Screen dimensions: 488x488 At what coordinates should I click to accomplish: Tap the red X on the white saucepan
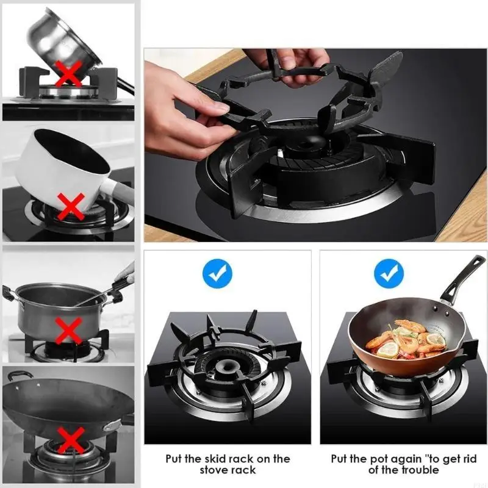pyautogui.click(x=71, y=206)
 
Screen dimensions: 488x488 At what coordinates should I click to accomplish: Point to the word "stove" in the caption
pyautogui.click(x=213, y=470)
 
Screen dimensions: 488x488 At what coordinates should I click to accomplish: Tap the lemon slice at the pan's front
pyautogui.click(x=388, y=350)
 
